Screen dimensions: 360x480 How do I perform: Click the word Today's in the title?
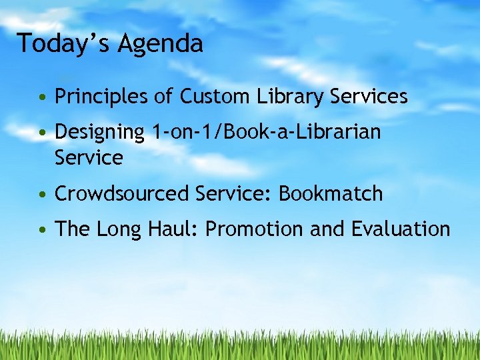[x=64, y=43]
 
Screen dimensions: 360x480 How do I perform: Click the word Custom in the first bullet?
[x=215, y=97]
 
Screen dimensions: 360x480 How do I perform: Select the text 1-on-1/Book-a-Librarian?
[x=267, y=132]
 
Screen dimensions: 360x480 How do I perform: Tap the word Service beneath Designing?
[x=89, y=158]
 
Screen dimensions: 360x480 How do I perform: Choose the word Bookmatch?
[x=331, y=194]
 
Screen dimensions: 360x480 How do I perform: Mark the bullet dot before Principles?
[x=43, y=98]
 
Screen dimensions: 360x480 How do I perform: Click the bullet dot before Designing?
[x=43, y=133]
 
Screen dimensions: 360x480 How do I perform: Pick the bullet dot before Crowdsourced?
[x=43, y=195]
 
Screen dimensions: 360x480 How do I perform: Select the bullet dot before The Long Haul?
[x=43, y=231]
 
